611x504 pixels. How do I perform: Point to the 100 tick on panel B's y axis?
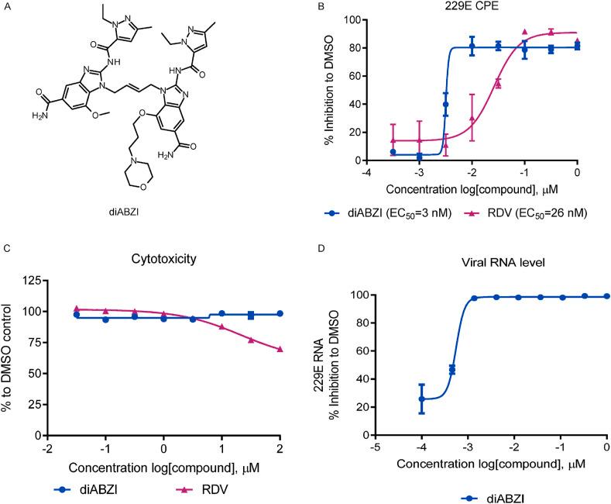click(355, 20)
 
